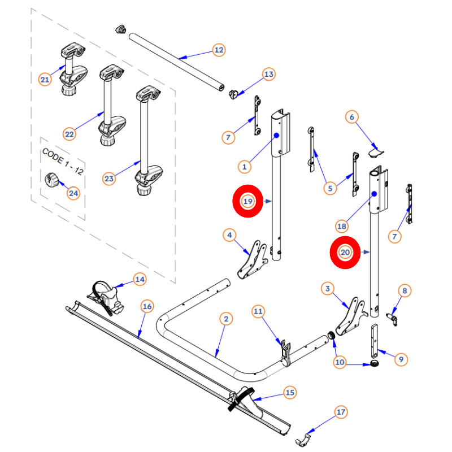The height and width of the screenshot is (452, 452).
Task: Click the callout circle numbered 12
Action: coord(219,50)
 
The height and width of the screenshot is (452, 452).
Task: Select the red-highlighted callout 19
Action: coord(247,201)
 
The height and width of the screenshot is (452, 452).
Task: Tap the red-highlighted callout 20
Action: coord(345,252)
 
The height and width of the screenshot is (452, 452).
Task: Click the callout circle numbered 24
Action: coord(73,193)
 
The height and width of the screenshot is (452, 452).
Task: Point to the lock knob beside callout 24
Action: coord(52,181)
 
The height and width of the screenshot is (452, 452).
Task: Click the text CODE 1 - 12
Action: coord(62,163)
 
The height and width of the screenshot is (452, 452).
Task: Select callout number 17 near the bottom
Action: coord(341,412)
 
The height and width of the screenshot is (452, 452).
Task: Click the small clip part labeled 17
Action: coord(306,437)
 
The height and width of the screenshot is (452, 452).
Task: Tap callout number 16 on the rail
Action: coord(147,307)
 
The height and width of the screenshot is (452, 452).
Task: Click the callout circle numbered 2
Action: coord(225,320)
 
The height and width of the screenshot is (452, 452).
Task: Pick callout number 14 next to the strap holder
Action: coord(139,279)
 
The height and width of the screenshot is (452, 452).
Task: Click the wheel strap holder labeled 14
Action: coord(107,297)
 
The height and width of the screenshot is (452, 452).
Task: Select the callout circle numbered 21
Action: coord(45,80)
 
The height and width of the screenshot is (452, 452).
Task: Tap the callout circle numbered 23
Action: coord(109,179)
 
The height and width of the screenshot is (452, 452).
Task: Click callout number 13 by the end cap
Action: coord(269,74)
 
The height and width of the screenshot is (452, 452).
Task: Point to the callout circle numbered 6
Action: coord(351,118)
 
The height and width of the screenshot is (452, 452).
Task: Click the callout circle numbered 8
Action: coord(404,291)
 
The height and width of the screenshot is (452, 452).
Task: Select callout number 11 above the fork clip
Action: coord(258,311)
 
